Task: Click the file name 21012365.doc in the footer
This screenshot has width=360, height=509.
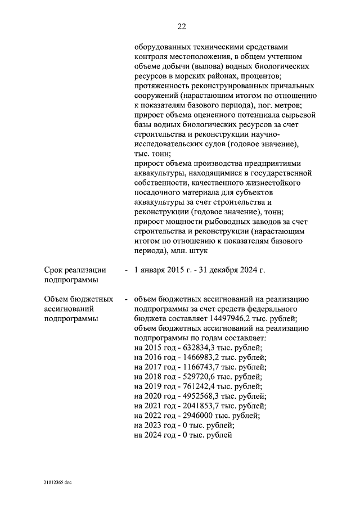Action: [x=57, y=482]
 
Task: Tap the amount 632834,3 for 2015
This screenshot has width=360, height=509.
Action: [x=197, y=348]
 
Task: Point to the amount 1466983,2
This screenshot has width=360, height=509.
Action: [x=199, y=358]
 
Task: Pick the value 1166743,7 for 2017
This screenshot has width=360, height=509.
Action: [x=199, y=367]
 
